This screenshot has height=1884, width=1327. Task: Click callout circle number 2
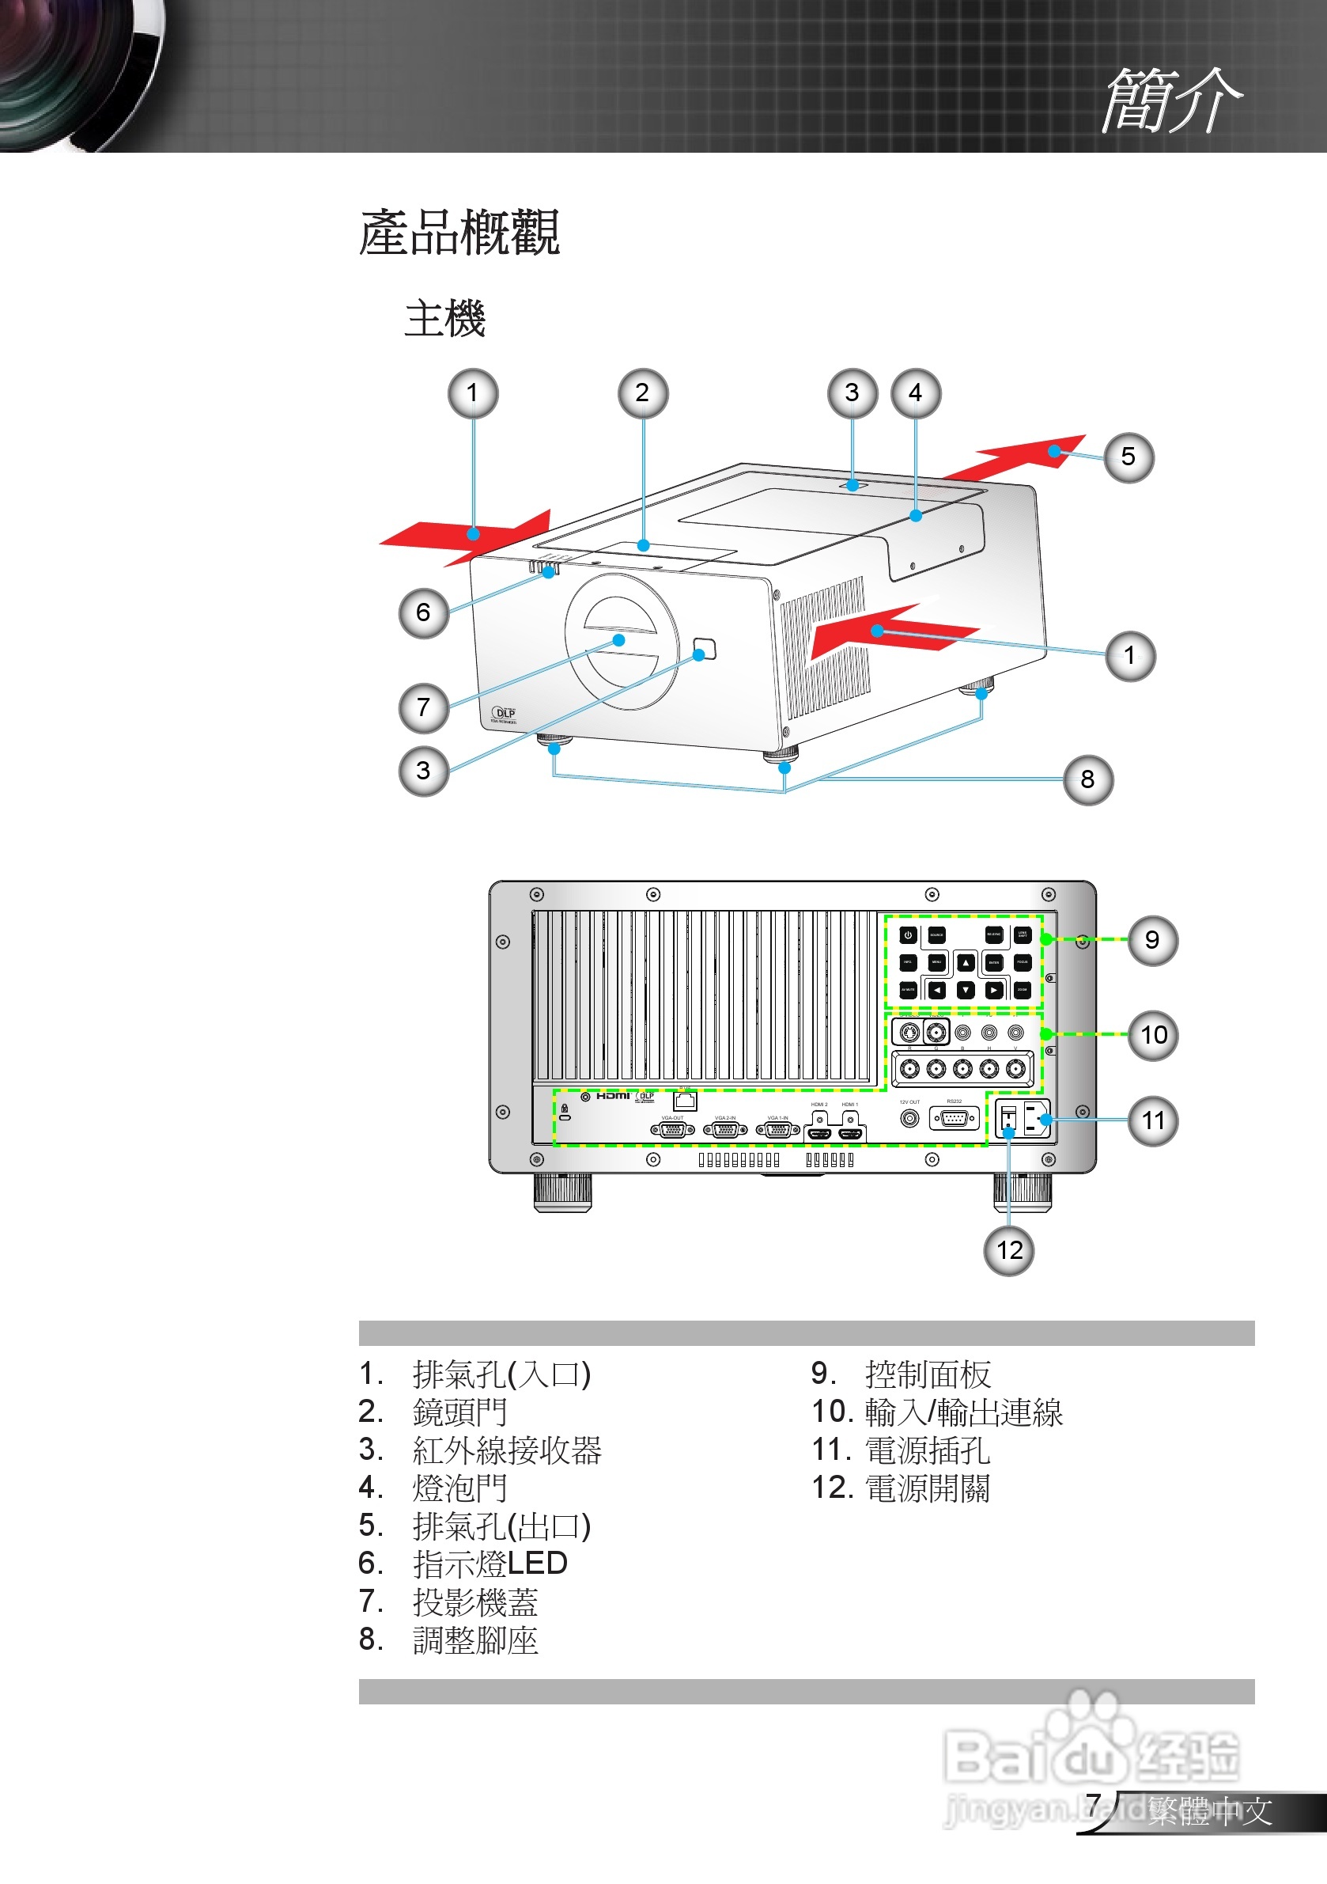pos(642,393)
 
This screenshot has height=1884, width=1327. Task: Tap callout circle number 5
pos(1129,457)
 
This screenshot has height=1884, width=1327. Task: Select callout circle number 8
pos(1087,779)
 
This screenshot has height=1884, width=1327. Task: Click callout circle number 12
pos(1009,1250)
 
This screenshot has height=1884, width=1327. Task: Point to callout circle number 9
pos(1152,940)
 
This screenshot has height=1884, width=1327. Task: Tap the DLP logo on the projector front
pos(504,714)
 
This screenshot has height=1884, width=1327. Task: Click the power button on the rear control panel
pos(908,935)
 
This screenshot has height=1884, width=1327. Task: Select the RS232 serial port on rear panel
pos(954,1117)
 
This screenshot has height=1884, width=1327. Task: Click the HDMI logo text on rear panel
pos(613,1095)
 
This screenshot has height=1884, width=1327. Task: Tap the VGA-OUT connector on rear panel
pos(672,1130)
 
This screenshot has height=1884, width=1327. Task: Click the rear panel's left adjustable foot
pos(562,1192)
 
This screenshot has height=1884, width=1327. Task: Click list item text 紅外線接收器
pos(507,1450)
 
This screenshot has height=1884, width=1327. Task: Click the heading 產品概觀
pos(459,233)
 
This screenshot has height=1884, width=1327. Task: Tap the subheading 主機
pos(444,318)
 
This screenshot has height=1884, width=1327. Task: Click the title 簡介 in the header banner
pos(1170,100)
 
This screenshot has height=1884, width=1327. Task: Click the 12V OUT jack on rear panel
pos(909,1117)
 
